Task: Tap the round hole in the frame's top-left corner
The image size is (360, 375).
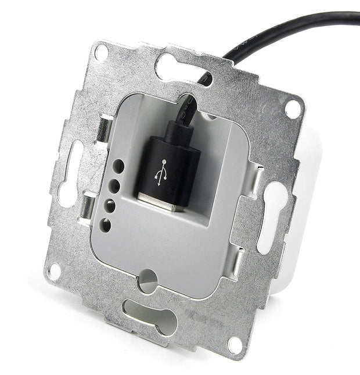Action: [x=100, y=52]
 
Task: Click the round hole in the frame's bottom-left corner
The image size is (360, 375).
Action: [x=55, y=270]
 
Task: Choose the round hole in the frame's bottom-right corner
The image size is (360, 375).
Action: [x=235, y=345]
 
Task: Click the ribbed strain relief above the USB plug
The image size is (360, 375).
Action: [x=185, y=117]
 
